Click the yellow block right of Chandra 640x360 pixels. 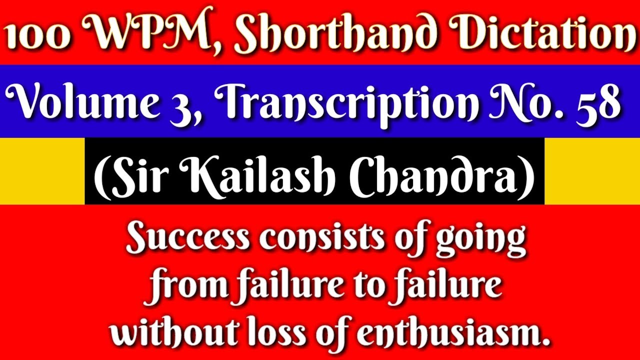tap(592, 171)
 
